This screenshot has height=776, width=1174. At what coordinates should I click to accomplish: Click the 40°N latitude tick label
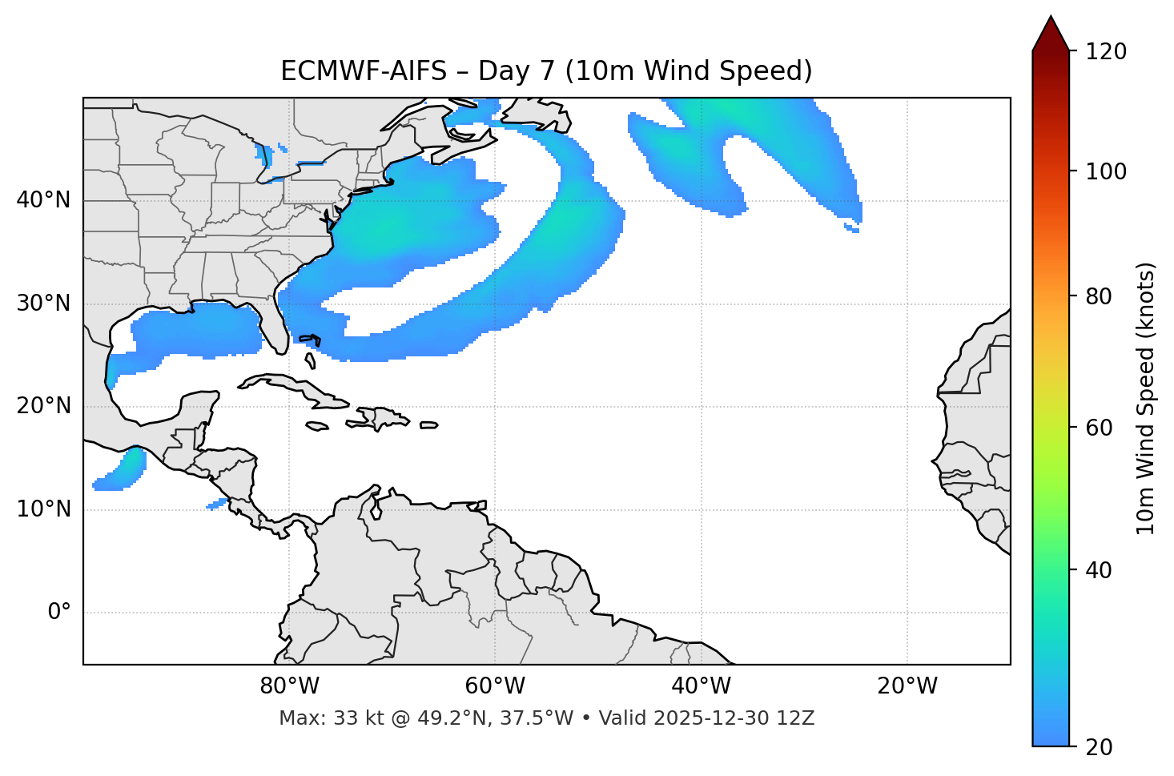(x=43, y=200)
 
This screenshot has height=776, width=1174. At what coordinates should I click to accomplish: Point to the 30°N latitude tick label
(x=43, y=304)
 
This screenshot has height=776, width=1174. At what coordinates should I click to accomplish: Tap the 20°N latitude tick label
(x=43, y=406)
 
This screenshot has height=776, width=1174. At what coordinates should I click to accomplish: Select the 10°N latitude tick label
(x=43, y=509)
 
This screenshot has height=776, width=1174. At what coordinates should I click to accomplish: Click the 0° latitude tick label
(x=59, y=613)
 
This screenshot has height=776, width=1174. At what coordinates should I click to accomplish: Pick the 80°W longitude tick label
(x=289, y=686)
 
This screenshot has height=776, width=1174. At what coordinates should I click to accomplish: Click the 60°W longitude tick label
(x=495, y=686)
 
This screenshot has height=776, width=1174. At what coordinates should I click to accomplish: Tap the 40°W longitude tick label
(x=701, y=686)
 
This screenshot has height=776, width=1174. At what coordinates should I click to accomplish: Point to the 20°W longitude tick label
(x=907, y=686)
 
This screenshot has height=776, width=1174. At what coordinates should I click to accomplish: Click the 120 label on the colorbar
(x=1106, y=52)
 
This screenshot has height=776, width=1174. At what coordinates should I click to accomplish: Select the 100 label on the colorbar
(x=1106, y=171)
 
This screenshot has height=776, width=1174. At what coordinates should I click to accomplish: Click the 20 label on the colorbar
(x=1100, y=746)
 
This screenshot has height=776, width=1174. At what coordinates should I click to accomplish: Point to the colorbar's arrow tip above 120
(x=1051, y=18)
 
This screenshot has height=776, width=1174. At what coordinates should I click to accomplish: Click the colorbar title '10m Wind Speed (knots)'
(x=1146, y=399)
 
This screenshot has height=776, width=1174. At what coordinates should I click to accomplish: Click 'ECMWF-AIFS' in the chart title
(x=364, y=71)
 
